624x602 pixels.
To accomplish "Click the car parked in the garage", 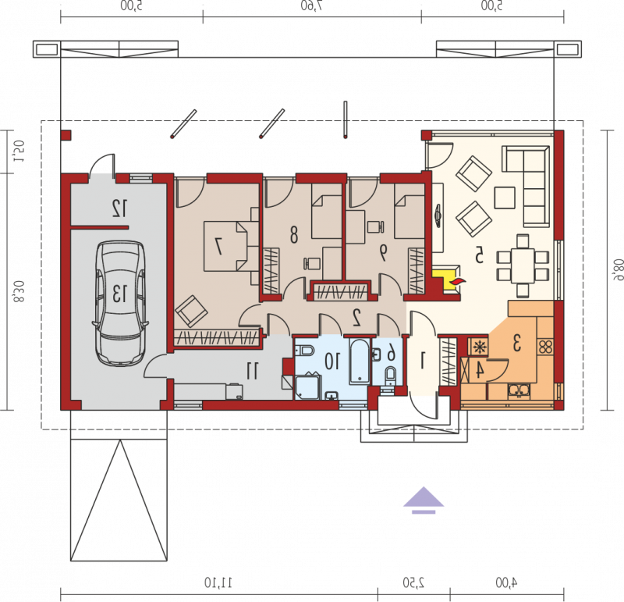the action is [120, 303].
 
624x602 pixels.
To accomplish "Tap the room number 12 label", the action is [120, 208].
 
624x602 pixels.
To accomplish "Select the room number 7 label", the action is [218, 246].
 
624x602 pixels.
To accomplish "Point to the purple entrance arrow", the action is [424, 500].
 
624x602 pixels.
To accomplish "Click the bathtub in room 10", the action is [360, 362].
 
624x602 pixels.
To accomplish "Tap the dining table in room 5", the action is [523, 265].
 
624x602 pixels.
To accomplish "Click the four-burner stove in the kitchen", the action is [545, 346].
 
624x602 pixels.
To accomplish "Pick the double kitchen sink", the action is [519, 391].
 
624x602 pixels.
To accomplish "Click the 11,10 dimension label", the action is [218, 583].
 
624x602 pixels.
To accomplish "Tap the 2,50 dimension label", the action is [414, 583].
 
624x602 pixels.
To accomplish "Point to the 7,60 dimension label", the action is [312, 6].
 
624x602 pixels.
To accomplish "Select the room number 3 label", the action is [517, 343].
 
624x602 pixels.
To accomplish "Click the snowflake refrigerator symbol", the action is [480, 347].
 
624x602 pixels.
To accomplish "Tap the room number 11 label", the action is [252, 371].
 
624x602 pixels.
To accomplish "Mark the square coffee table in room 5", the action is [505, 198].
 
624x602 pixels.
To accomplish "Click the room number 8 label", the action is [294, 235].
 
